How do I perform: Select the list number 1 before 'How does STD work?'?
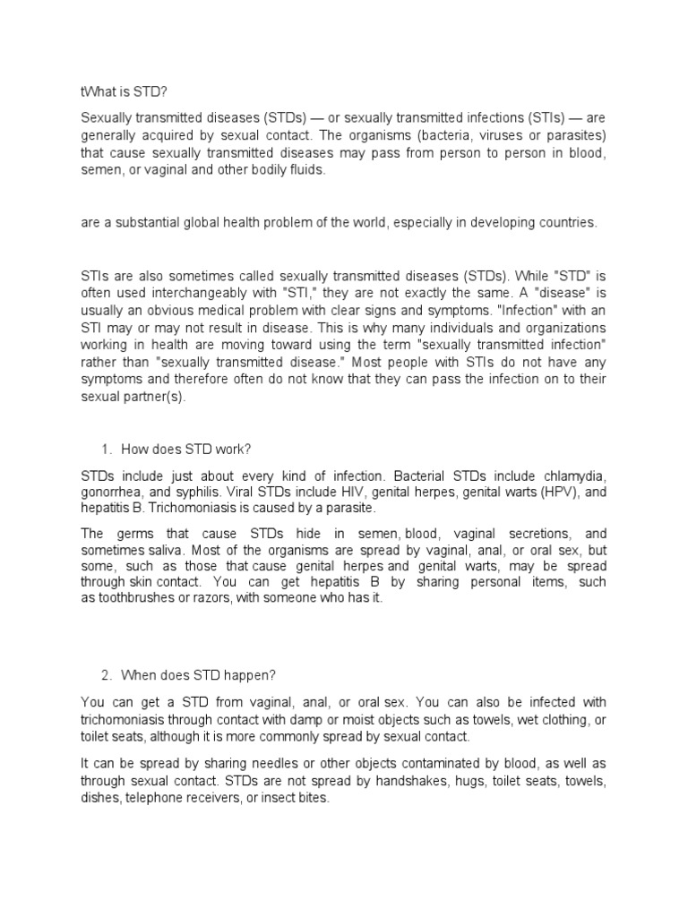(102, 449)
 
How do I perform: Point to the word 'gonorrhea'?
(111, 491)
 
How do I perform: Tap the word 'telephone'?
(162, 799)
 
